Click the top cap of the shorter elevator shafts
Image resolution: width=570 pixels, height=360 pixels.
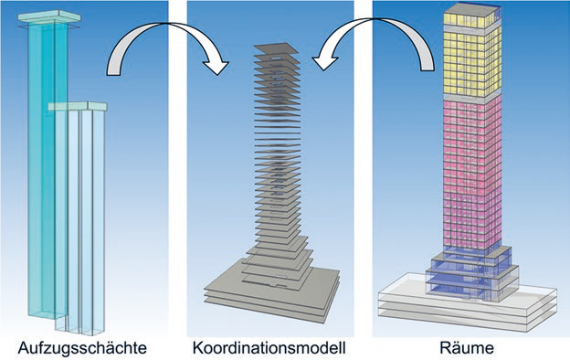point(79,107)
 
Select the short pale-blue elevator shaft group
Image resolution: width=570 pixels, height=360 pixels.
point(80,219)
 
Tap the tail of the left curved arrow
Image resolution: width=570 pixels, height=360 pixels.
point(113,68)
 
